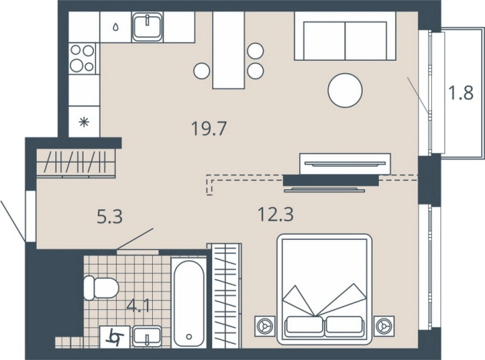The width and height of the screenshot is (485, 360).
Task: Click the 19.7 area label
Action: click(x=209, y=128)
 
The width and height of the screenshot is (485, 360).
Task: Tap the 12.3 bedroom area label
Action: click(x=275, y=214)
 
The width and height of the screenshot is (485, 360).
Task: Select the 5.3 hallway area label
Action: click(x=110, y=216)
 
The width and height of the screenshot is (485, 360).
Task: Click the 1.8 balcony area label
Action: click(x=461, y=92)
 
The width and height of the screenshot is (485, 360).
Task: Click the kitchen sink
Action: click(x=148, y=27)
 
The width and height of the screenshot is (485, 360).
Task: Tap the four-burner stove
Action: click(x=82, y=58)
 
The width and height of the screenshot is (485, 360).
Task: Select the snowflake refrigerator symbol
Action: click(x=84, y=122)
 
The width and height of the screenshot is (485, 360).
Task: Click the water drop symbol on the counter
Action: click(x=115, y=28)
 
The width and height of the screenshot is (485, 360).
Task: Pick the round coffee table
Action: click(x=345, y=91)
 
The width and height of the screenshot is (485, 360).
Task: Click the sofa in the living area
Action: click(x=345, y=36)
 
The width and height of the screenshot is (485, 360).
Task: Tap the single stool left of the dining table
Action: click(x=202, y=71)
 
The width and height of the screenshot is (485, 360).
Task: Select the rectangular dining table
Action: click(x=228, y=50)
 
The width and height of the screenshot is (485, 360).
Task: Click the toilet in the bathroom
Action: click(x=101, y=288)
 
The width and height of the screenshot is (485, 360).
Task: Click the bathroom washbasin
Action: click(x=147, y=336)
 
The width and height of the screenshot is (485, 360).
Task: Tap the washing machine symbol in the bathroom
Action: click(x=115, y=337)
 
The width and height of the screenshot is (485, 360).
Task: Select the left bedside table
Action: click(x=264, y=326)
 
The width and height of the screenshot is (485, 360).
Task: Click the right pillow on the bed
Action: click(x=344, y=328)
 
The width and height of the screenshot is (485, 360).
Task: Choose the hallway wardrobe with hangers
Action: click(x=76, y=163)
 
